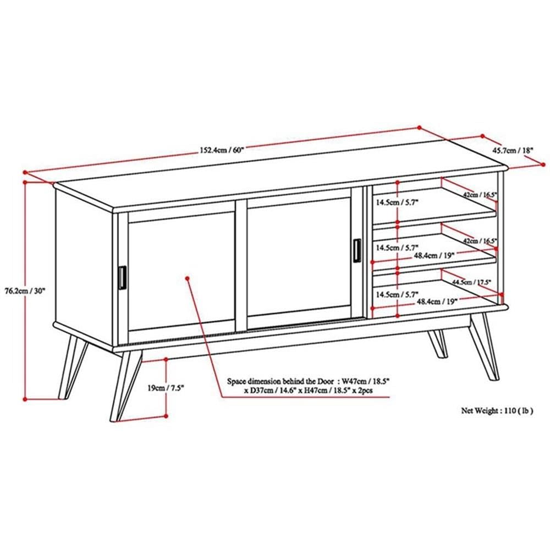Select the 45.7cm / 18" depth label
512,150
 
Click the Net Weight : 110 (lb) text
497,410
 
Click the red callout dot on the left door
188,279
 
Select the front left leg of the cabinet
124,385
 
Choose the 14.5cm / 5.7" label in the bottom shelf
397,294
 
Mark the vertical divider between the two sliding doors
241,265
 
